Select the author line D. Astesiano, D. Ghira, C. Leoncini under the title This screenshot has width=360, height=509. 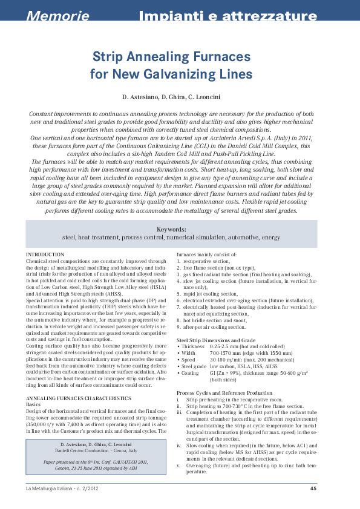[x=180, y=97]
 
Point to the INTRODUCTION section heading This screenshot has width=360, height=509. [x=46, y=255]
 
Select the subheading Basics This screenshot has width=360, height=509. [x=35, y=405]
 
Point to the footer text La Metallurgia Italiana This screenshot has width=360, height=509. [x=50, y=489]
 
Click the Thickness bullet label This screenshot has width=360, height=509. [x=193, y=346]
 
